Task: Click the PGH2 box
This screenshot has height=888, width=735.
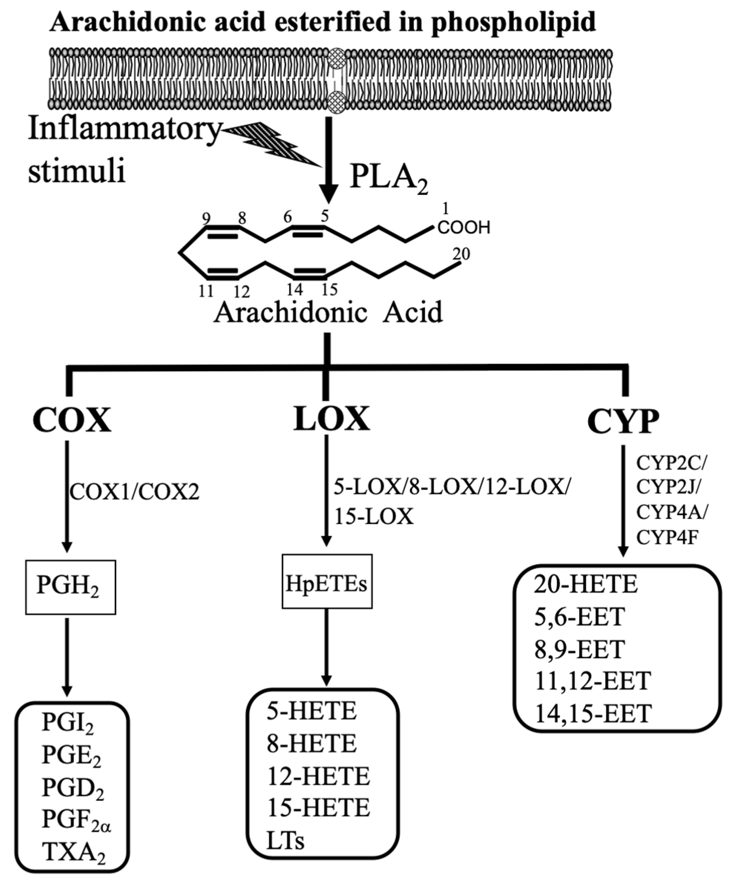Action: pos(70,587)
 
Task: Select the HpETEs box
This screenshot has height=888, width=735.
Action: pos(327,581)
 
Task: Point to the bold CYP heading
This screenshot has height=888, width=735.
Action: pos(623,422)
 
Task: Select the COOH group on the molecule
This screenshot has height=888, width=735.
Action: pos(463,228)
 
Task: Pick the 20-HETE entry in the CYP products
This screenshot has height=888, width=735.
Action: pos(585,585)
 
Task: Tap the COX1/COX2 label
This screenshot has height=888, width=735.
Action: pos(134,492)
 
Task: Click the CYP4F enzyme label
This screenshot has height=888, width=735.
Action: pos(666,537)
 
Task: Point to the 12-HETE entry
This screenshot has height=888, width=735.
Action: pos(318,776)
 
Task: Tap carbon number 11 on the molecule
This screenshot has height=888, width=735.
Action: pos(206,291)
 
